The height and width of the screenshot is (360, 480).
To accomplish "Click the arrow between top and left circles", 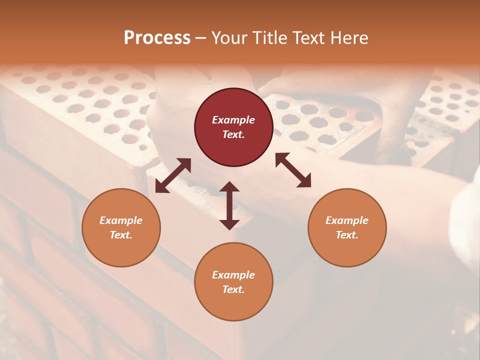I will [173, 175].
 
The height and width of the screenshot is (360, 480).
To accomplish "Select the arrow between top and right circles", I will [293, 170].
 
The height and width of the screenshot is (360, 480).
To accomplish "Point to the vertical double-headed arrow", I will [229, 205].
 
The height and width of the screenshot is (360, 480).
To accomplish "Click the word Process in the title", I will [157, 37].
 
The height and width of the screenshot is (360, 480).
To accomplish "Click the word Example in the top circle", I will [233, 120].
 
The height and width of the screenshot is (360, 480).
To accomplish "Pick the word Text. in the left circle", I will [121, 235].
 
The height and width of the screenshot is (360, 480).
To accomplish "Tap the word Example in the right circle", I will [347, 220].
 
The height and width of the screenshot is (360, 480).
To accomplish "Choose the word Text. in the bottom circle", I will [233, 289].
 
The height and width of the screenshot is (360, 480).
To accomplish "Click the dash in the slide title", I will [201, 38].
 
